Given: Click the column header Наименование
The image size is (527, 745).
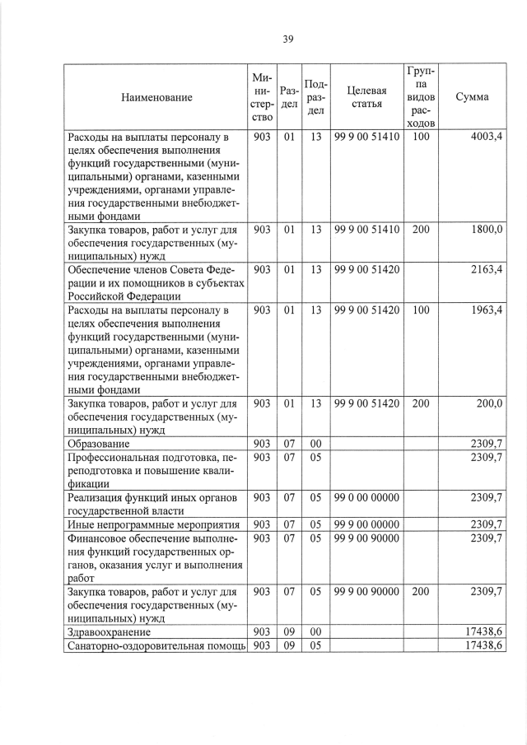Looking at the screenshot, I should pos(156,97).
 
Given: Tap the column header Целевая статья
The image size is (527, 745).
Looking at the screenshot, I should pos(366,96).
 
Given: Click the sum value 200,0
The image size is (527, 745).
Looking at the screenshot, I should pos(488,403).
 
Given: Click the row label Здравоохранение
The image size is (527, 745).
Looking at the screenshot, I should pos(110,631).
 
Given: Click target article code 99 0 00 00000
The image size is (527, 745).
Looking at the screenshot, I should pos(366,497).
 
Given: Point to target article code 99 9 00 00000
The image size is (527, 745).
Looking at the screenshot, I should pos(366,524).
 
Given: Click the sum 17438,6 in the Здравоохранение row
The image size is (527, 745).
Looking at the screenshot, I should pos(483,631).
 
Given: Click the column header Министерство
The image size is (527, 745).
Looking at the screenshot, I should pos(262,97).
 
